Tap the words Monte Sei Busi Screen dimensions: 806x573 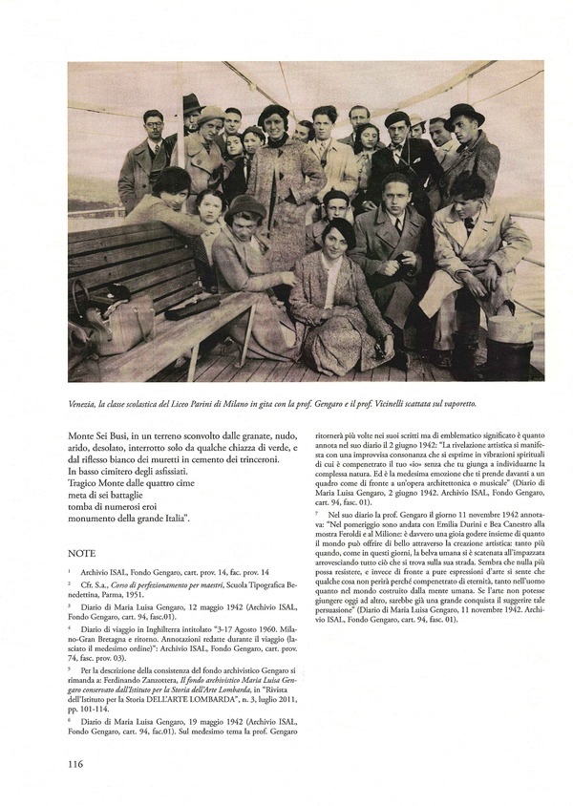tap(101, 434)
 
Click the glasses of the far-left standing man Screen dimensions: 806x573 tap(154, 122)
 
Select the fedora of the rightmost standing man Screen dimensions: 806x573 tap(464, 114)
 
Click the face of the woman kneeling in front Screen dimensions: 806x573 tap(339, 239)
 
